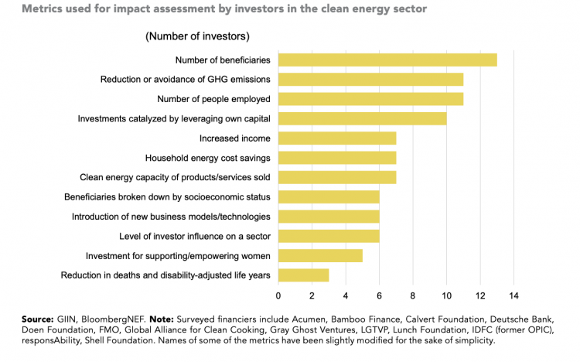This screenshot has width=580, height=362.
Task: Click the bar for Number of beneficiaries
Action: coord(387,60)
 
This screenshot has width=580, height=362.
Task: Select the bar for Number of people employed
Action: coord(370,99)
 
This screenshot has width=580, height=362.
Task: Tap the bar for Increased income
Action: coord(337,138)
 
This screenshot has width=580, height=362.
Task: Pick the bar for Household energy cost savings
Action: coord(337,158)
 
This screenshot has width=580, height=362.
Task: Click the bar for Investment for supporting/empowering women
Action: coord(320,255)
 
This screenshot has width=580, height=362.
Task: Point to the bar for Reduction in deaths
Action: coord(303,275)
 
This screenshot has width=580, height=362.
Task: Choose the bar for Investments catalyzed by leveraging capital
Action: coord(362,118)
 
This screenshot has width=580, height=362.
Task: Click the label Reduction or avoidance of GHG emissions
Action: coord(185,80)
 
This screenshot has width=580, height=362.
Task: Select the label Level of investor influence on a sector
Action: coord(194,236)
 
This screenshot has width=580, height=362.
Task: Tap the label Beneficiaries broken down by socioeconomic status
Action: coord(167,197)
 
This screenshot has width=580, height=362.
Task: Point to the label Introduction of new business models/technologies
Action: coord(171,217)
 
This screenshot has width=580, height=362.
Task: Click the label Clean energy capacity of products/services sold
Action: coord(175,177)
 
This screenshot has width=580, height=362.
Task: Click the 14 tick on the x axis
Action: coord(513,295)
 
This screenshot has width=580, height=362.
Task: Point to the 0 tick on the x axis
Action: coord(278,295)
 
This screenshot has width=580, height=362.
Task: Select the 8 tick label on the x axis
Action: coord(412,295)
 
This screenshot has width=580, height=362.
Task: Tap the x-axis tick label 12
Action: coord(479,295)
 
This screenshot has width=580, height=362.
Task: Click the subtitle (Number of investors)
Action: coord(197,36)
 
